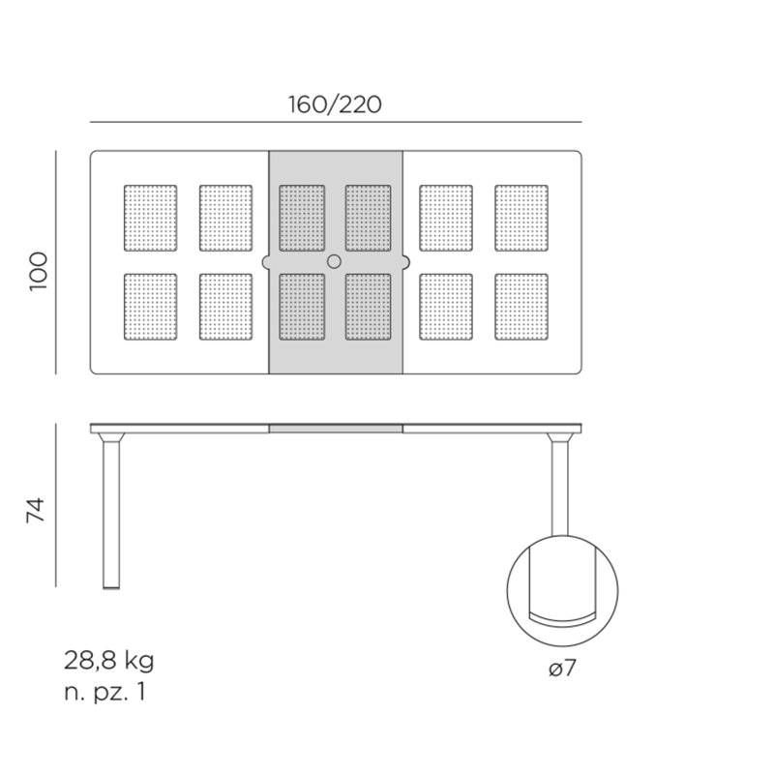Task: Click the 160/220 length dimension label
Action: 335,104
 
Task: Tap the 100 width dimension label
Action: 39,272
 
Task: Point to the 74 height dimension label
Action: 36,510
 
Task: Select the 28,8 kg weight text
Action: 109,661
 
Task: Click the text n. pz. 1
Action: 104,692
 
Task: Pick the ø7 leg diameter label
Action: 563,669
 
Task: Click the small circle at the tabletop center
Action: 334,261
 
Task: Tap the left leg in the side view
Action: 111,515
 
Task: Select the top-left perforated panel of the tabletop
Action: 151,219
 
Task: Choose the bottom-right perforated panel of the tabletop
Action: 521,307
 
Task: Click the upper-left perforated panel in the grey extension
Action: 302,219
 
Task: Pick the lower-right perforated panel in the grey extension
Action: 369,307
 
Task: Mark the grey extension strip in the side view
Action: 336,429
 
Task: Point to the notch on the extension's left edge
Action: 265,262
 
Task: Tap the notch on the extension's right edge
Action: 406,262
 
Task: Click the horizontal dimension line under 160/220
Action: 336,122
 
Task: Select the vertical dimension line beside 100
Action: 56,262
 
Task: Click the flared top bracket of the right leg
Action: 560,437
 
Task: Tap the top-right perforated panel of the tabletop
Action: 521,219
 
